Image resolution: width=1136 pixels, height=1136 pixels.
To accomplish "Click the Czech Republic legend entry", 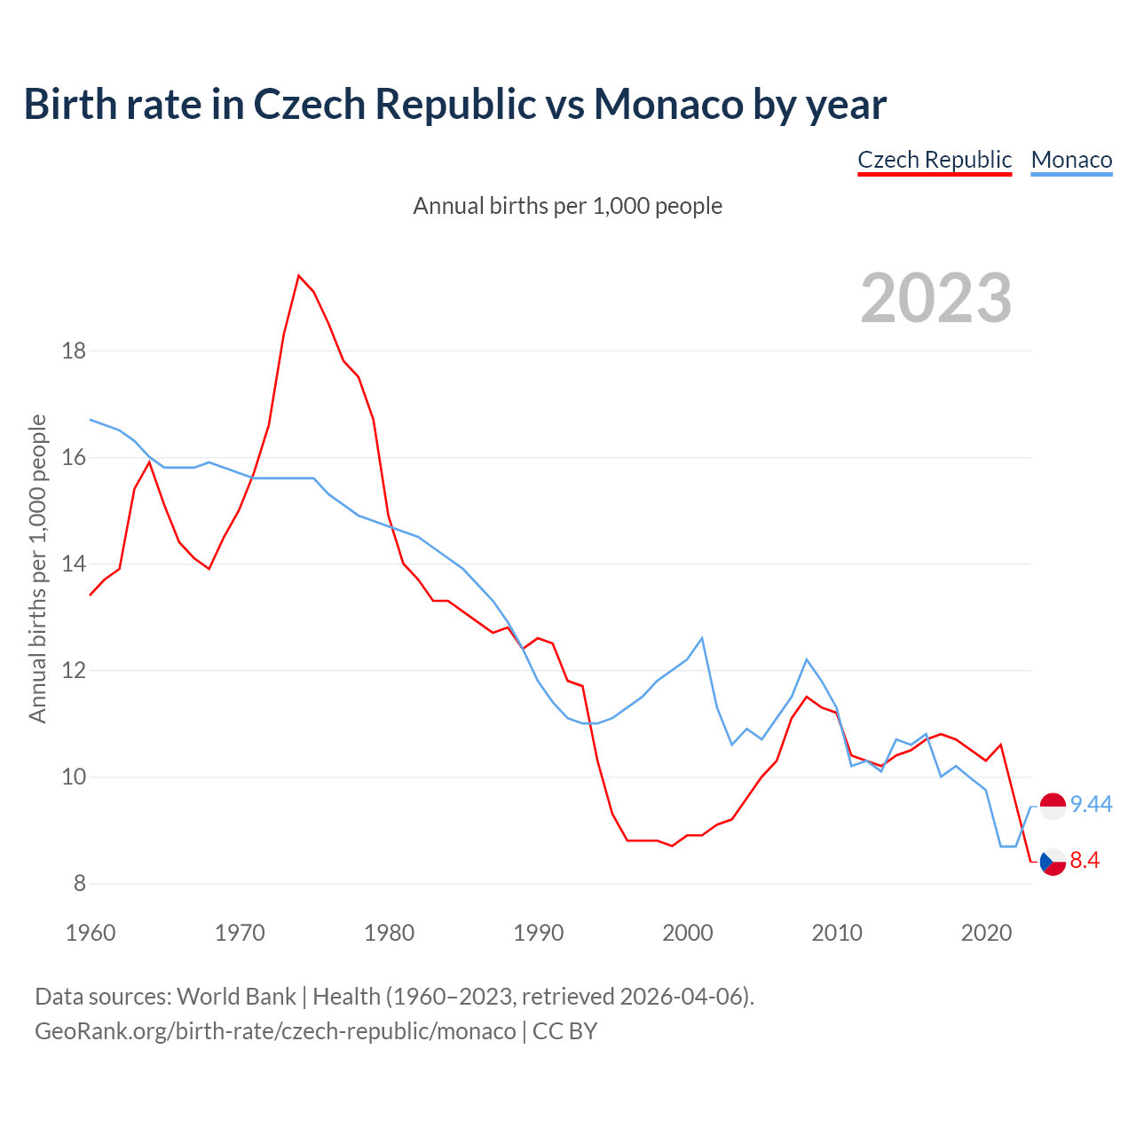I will [x=935, y=160].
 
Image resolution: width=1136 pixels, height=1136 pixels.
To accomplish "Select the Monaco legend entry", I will [x=1071, y=160].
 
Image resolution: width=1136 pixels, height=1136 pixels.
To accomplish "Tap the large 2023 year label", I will [x=936, y=298].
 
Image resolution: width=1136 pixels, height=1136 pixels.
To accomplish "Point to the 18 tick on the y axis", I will [x=74, y=351].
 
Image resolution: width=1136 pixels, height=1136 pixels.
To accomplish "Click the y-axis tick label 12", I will [x=74, y=671].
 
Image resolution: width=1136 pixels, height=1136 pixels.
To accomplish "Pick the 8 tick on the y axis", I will [x=79, y=884].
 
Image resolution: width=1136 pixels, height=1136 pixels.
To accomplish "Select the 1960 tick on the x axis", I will [x=91, y=933].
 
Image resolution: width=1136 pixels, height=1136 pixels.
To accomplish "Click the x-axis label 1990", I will [x=539, y=933].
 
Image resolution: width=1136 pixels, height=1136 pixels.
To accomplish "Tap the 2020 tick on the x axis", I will [x=986, y=933].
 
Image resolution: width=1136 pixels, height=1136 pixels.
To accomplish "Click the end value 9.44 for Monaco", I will [x=1091, y=805].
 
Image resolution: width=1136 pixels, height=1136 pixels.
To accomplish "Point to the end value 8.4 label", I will [x=1085, y=861].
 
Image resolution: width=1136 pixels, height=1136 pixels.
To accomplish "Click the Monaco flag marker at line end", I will [x=1053, y=806].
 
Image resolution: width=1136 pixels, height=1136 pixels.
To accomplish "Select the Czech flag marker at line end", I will [x=1053, y=861].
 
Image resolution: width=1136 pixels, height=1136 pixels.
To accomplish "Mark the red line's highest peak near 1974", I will [x=299, y=275].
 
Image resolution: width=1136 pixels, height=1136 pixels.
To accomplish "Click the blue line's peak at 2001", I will [x=702, y=638].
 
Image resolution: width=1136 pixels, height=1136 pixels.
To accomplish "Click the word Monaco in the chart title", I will [x=668, y=104].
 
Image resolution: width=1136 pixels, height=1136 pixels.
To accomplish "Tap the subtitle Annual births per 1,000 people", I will [x=568, y=206].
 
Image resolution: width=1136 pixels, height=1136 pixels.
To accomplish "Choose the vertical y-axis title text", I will [x=37, y=568].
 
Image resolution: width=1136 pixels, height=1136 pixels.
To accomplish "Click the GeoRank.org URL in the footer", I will [x=275, y=1031].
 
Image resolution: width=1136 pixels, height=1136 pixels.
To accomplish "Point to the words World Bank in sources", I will [x=236, y=997].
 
